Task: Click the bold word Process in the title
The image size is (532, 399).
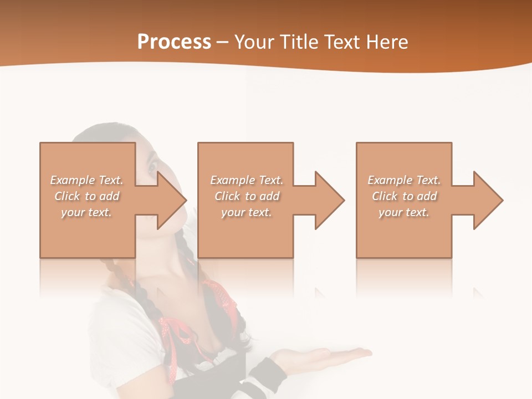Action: (x=174, y=42)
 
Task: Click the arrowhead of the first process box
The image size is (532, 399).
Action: (x=171, y=200)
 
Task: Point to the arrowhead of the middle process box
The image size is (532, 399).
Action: (x=329, y=200)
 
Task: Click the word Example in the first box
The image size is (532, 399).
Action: (x=73, y=180)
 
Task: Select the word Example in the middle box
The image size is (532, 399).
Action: (x=232, y=180)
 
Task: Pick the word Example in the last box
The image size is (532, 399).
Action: (x=390, y=180)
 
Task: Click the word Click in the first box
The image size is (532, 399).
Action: (x=67, y=196)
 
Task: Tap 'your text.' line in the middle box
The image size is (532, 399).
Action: (x=246, y=212)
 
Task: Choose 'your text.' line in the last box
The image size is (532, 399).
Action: (x=403, y=212)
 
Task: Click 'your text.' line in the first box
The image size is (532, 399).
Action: (x=86, y=212)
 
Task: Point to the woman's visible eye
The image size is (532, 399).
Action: (x=151, y=165)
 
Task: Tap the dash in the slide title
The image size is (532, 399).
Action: (x=223, y=42)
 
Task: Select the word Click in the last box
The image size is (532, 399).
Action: (x=385, y=196)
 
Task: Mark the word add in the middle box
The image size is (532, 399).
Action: (x=269, y=196)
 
